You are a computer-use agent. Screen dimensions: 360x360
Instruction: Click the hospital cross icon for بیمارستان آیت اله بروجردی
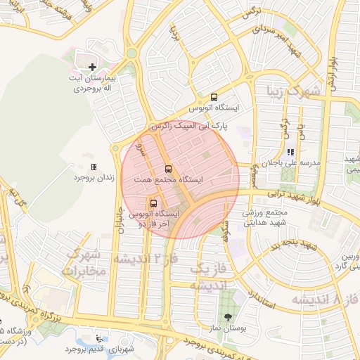pos(91,67)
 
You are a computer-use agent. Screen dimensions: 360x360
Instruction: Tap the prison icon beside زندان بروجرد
pos(94,167)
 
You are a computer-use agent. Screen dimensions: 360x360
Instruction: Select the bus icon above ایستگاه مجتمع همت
pos(167,169)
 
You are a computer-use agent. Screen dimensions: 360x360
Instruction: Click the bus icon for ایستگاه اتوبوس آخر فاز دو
pos(153,202)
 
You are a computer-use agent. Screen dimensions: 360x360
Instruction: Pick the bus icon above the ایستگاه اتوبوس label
pos(214,97)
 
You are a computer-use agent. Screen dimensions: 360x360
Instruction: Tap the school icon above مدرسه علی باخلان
pos(290,152)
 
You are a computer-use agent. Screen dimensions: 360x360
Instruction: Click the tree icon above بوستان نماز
pos(227,317)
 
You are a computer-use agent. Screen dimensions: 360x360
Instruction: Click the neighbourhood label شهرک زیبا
pos(295,90)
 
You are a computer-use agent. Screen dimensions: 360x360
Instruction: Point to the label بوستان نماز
pos(226,329)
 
